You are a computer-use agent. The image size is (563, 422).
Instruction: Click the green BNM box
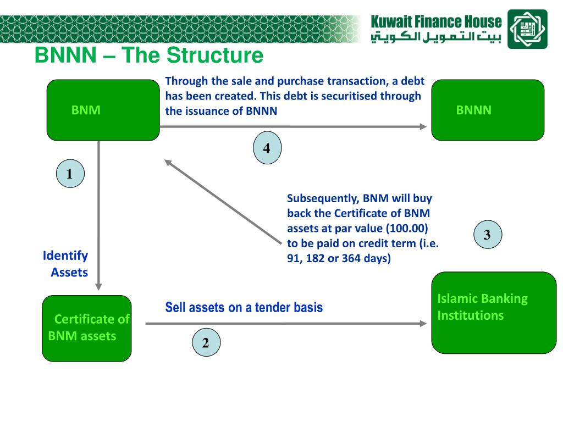point(102,110)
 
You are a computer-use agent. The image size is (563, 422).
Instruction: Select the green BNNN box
point(487,110)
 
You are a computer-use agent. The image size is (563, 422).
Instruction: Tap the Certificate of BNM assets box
point(87,328)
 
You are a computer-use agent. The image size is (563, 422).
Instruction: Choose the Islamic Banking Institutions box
point(494,312)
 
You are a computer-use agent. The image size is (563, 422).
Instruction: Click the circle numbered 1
point(70,174)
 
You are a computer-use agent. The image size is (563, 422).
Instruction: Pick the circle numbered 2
point(206,343)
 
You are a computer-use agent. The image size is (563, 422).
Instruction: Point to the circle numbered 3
point(487,235)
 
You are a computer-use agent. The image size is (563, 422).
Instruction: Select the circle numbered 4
point(267,148)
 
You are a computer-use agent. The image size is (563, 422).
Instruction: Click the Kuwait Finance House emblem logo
point(527,29)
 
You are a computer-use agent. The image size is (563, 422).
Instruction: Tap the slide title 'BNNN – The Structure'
point(149,55)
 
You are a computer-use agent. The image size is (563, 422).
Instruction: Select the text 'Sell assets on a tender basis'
point(244,308)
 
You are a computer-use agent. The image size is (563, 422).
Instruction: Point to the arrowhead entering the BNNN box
point(423,127)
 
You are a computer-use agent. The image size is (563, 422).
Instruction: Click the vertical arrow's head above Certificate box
point(99,286)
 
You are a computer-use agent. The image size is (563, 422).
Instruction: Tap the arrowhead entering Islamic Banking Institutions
point(423,324)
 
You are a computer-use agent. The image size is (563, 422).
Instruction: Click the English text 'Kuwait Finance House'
point(436,22)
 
